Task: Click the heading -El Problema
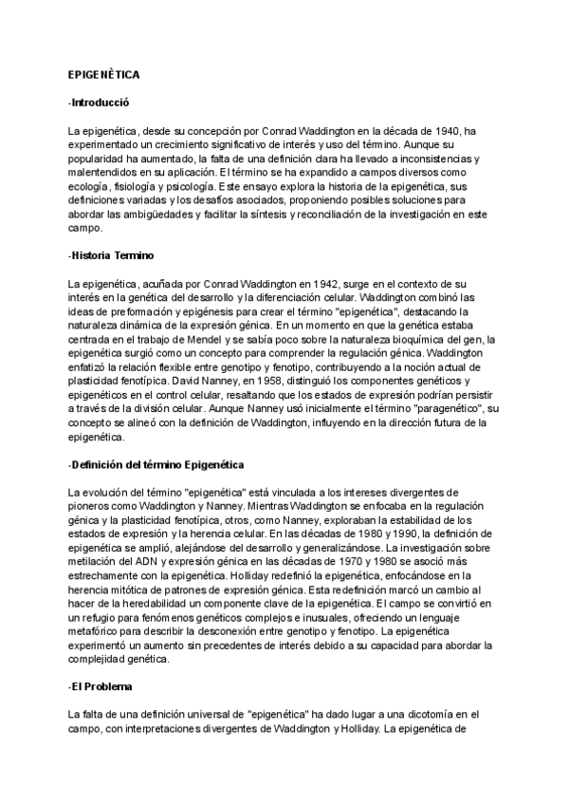click(101, 686)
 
